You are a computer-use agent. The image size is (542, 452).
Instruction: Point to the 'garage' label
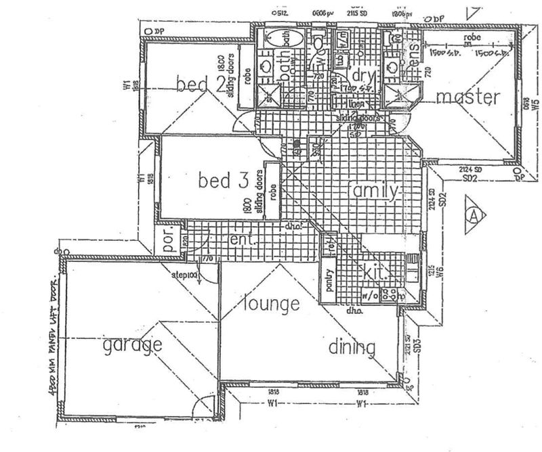click(133, 346)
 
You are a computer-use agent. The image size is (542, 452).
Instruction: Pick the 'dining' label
click(352, 348)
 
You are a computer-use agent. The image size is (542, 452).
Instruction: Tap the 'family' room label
click(372, 191)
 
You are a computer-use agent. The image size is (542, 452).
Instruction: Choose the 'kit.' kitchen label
click(375, 273)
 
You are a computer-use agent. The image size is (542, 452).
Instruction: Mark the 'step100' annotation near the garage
click(184, 275)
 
